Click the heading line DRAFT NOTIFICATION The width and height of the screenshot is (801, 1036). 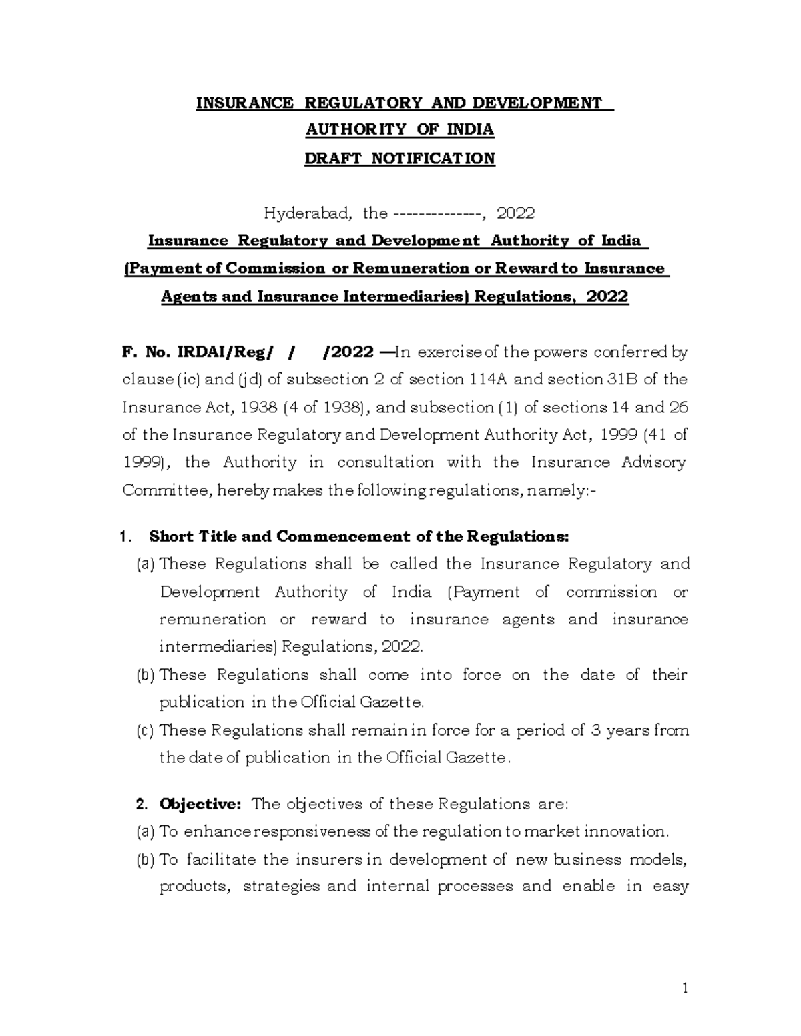tap(400, 158)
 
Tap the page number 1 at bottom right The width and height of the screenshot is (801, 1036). tap(684, 988)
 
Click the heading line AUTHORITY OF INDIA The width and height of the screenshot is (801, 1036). tap(400, 130)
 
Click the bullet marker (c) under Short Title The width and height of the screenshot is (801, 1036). tap(145, 730)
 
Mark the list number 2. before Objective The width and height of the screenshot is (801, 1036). tap(140, 804)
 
